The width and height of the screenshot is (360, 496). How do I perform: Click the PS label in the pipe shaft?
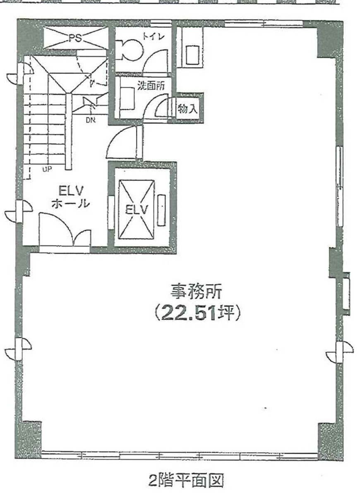(75, 38)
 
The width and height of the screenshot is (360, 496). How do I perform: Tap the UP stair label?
(46, 168)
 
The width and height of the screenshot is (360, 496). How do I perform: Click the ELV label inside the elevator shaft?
(137, 210)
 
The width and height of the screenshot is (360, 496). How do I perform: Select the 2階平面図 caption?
(186, 481)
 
